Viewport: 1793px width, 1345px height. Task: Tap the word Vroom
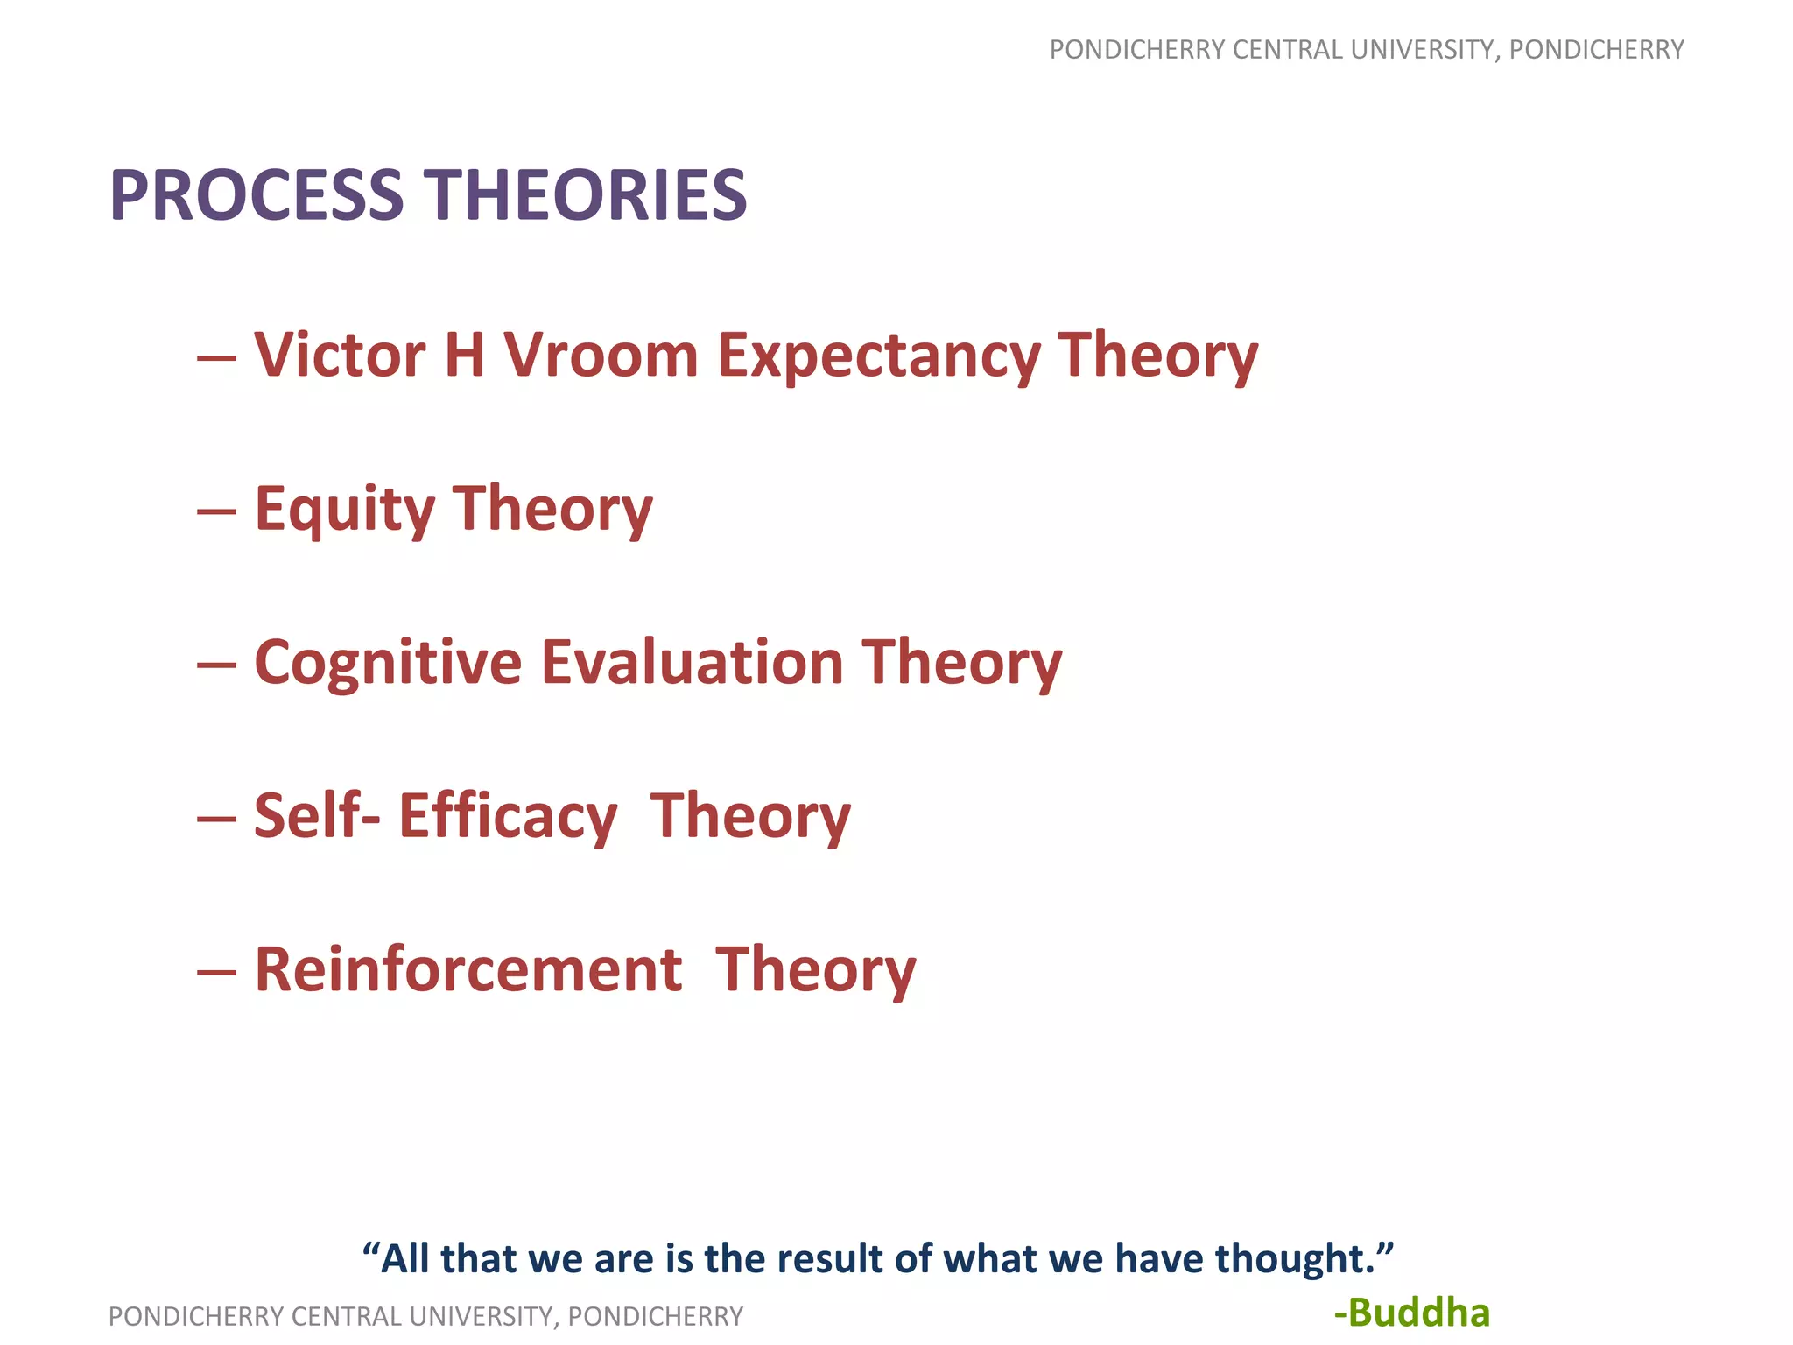pos(601,356)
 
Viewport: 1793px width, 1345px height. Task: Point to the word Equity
pos(344,510)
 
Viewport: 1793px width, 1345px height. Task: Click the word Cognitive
pos(388,663)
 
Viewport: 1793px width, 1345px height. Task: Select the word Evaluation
pos(692,662)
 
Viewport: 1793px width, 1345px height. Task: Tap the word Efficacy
pos(508,816)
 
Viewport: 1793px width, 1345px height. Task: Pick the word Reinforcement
pos(468,970)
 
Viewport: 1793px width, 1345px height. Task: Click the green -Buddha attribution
pos(1411,1313)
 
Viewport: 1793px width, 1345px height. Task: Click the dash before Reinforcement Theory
pos(216,972)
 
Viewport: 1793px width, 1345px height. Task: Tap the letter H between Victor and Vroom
pos(464,356)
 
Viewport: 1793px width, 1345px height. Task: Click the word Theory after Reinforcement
pos(815,970)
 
